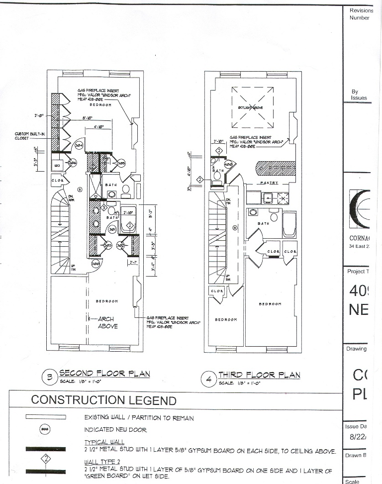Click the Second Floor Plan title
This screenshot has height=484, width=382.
click(x=104, y=374)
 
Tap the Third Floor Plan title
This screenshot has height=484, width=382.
click(x=259, y=375)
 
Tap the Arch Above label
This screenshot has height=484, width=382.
click(x=105, y=322)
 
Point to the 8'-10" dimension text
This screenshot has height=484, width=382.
click(x=90, y=118)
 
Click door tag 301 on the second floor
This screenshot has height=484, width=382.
click(x=112, y=230)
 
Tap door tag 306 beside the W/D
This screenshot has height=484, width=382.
click(x=72, y=163)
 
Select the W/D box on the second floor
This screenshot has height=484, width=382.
click(x=57, y=165)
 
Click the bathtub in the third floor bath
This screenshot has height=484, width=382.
click(x=290, y=224)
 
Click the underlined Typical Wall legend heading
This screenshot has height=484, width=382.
click(x=104, y=442)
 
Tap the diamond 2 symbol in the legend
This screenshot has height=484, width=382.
click(x=45, y=459)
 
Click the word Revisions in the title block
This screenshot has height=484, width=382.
click(x=361, y=10)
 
